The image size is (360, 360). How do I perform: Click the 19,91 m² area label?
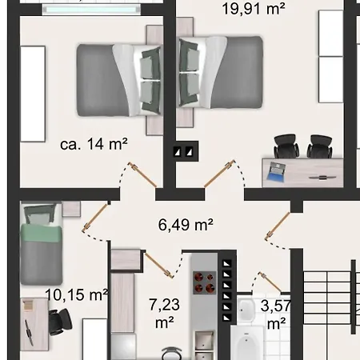pos(254,9)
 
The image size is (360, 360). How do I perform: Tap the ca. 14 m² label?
pos(94,144)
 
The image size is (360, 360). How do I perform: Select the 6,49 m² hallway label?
pos(186,225)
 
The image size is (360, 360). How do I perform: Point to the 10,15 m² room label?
pos(77,294)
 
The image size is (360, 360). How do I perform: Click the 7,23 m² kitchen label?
pos(164,313)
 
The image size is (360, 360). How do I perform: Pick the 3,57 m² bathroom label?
pos(275,314)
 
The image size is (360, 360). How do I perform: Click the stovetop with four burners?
pos(204,282)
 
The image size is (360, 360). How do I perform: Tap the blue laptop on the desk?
pos(277,172)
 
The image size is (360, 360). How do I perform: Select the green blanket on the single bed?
pos(41,233)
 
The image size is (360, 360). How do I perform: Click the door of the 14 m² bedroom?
pos(142,174)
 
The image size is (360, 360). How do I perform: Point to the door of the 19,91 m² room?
pos(219,174)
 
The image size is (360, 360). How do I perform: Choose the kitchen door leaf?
pos(158,265)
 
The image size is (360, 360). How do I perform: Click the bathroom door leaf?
pos(270,282)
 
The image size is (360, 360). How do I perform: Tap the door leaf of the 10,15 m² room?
pos(96,217)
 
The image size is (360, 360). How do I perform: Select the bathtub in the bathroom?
pos(247,342)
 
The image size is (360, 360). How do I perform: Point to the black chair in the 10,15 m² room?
pos(60,322)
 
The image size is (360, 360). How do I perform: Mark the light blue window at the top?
pos(91,10)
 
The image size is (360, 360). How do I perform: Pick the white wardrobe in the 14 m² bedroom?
pos(33,94)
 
